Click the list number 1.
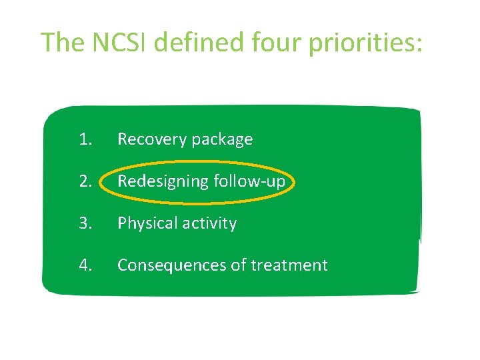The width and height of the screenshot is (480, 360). coord(85,139)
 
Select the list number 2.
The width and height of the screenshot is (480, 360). coord(85,181)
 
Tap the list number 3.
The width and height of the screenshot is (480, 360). coord(85,223)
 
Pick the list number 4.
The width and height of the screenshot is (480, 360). coord(85,265)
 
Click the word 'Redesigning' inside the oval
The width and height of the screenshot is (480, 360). coord(162,182)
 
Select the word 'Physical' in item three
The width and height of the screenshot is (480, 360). coord(144,224)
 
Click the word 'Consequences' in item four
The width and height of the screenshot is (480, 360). coord(172,265)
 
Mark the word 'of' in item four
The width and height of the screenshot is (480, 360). coord(239,265)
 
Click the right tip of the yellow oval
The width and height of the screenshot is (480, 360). coord(294,181)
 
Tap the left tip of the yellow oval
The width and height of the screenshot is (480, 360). coord(106,182)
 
